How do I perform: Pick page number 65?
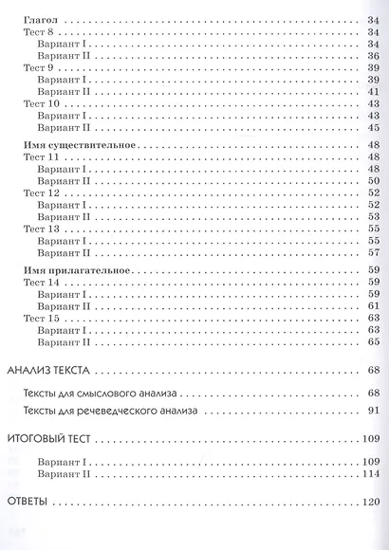(x=373, y=342)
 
